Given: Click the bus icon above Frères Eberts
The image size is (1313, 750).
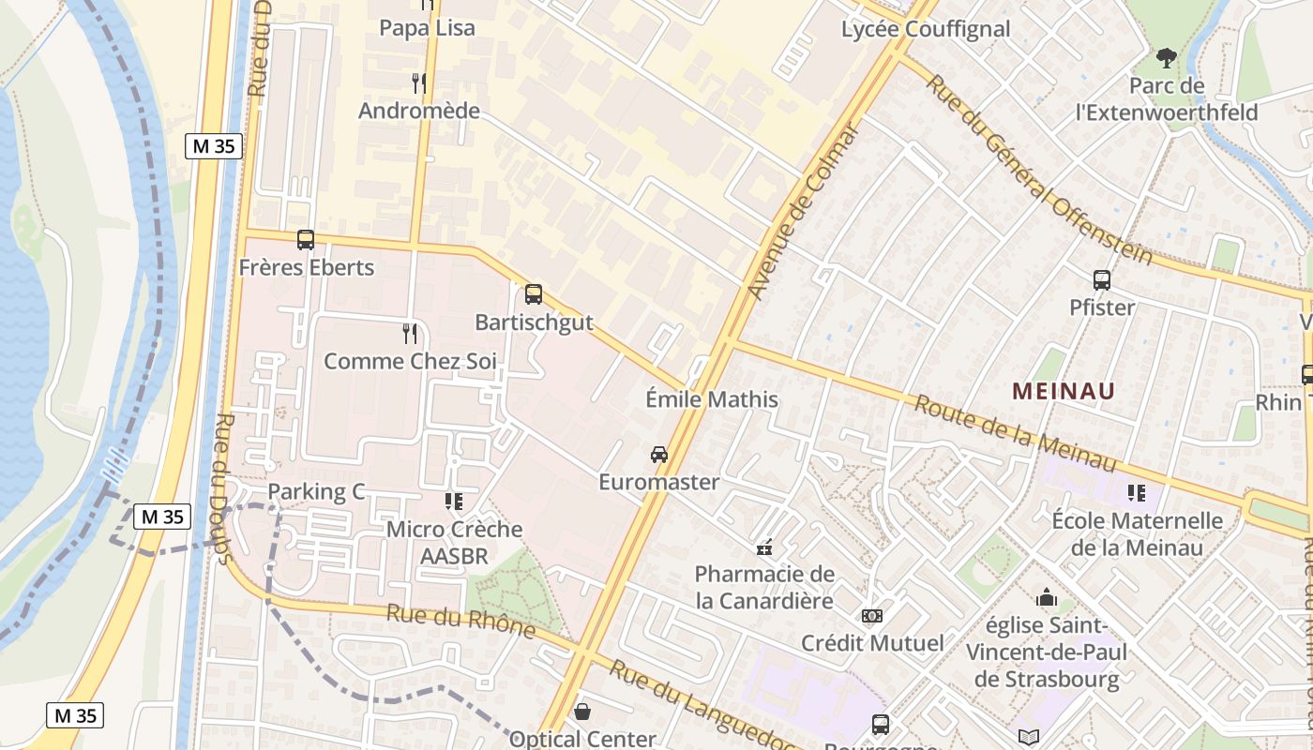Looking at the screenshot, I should point(306,240).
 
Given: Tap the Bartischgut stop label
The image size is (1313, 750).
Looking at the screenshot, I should point(534,322).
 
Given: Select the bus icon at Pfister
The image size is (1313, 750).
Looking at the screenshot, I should point(1102,280).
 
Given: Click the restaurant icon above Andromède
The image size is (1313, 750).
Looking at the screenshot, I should point(419,83).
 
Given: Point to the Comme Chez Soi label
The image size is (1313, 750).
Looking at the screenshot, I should point(410,361).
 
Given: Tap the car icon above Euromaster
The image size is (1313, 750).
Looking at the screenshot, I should point(659,455).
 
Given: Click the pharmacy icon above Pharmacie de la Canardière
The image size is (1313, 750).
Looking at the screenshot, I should point(764,547).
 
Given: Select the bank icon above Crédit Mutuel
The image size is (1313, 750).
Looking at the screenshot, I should point(872,616).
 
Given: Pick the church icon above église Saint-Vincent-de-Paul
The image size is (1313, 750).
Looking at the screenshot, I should point(1047,597).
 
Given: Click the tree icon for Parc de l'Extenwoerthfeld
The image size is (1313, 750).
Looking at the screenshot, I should point(1167,59).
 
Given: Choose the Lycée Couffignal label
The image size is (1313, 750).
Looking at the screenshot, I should point(926,29).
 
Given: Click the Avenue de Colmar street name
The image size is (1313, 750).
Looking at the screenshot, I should point(804,214).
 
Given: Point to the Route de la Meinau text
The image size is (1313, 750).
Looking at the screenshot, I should point(1015,434).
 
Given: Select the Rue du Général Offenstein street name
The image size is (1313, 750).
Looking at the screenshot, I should point(1038,170).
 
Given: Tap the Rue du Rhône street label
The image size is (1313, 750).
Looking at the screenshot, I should point(460,622).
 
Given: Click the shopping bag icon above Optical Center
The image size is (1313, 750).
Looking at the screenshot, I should point(582,712).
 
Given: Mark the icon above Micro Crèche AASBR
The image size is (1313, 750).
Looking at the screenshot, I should point(454,502).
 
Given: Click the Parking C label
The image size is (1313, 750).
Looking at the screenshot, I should point(316,492).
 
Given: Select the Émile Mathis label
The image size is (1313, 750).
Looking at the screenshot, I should point(712,399).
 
